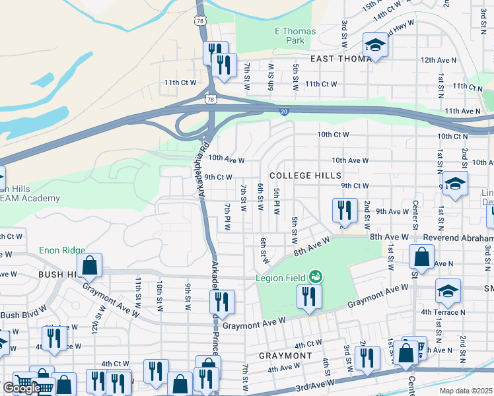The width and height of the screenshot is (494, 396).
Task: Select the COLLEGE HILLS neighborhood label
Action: pos(305,176)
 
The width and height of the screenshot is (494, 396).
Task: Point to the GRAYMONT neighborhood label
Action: pos(285,356)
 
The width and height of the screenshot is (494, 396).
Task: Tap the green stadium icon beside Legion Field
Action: pos(316,276)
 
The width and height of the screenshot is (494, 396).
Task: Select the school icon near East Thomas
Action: pos(375,46)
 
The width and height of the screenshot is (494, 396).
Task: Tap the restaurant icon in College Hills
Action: pos(344,211)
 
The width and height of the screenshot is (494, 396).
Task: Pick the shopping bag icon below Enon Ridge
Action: pos(90,265)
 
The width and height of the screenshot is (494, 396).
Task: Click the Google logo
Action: pos(22,388)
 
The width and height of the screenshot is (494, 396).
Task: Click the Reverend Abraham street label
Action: pos(449,238)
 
